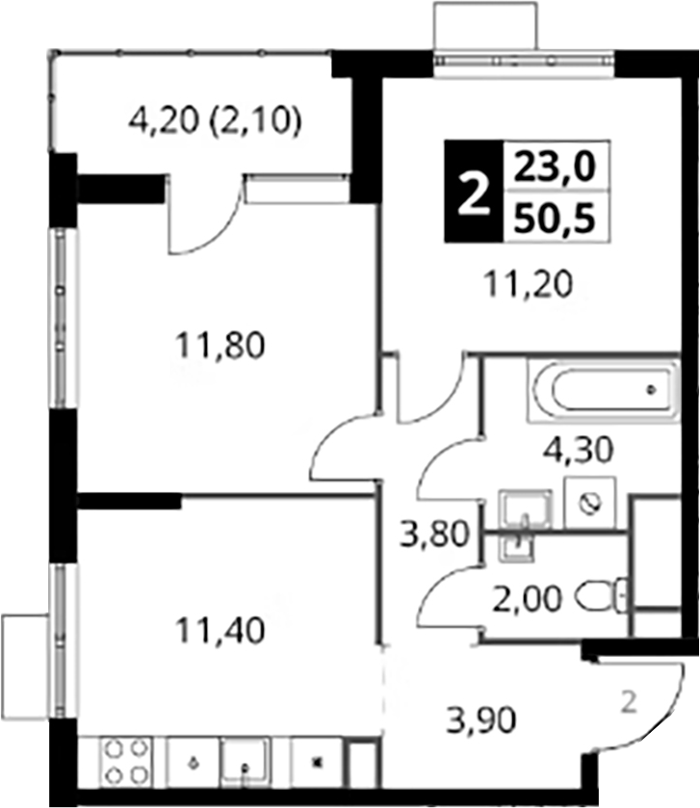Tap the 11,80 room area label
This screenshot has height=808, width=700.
click(x=220, y=346)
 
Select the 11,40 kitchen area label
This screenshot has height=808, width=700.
click(x=220, y=630)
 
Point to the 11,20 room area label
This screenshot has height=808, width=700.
click(x=529, y=284)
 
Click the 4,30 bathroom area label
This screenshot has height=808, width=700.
click(x=579, y=450)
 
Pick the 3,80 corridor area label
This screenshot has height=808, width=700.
click(x=436, y=534)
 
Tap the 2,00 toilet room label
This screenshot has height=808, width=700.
click(x=527, y=600)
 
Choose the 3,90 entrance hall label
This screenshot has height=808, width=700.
click(x=481, y=720)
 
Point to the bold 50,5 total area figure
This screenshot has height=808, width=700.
click(x=555, y=218)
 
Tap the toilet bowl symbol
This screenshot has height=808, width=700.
click(x=604, y=598)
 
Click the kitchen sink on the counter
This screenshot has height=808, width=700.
click(x=246, y=763)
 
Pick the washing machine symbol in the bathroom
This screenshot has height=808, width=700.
click(x=590, y=503)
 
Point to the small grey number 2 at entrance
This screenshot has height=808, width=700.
click(x=628, y=702)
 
